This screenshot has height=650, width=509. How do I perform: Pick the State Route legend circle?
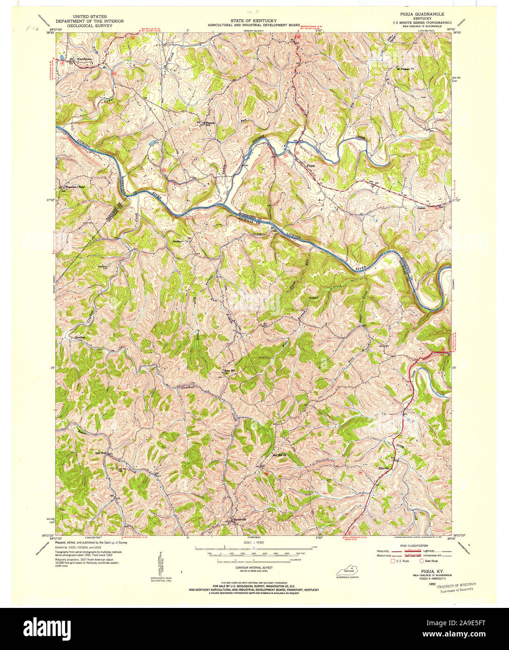(x=422, y=561)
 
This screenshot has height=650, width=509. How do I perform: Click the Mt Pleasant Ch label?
(x=405, y=68)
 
